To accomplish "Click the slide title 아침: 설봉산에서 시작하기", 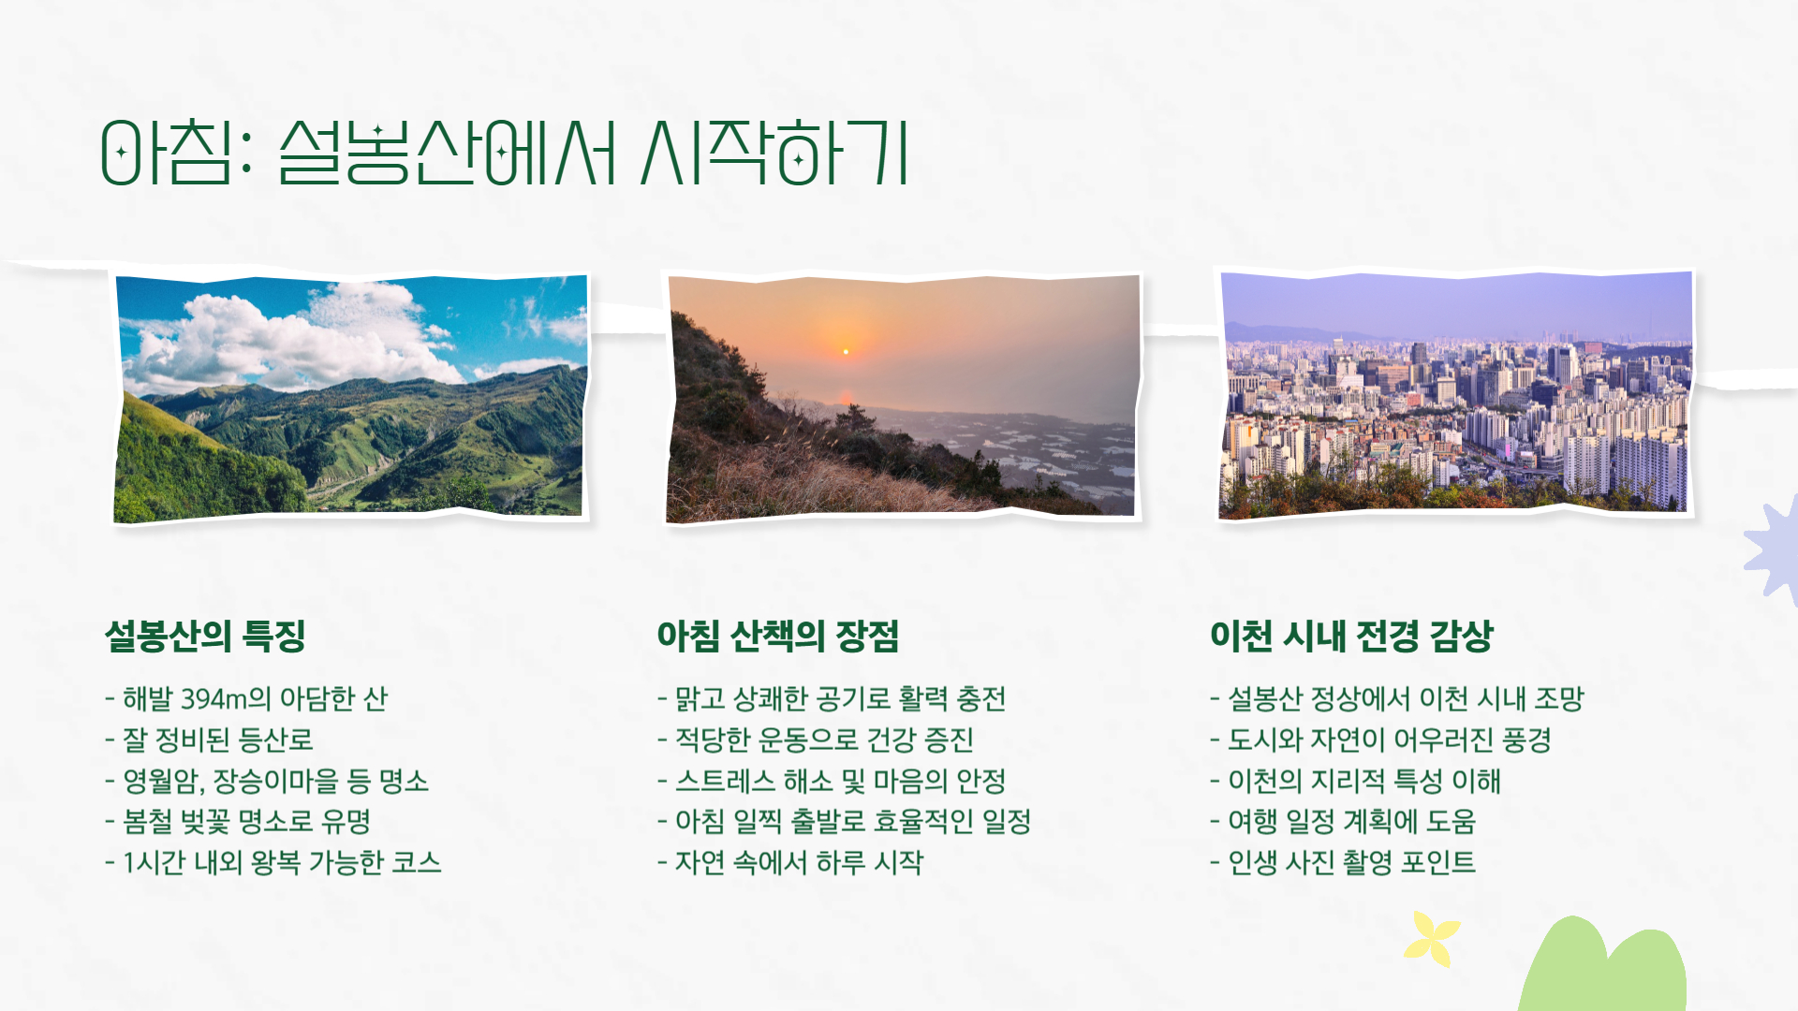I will click(x=504, y=152).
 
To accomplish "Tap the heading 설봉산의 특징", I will click(x=205, y=637).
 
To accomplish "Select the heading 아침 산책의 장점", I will click(x=777, y=637).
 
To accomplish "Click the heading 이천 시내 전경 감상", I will click(x=1350, y=637).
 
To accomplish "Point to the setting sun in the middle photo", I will click(x=846, y=351).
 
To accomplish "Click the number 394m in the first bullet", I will click(x=214, y=699).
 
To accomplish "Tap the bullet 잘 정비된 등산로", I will click(x=217, y=740).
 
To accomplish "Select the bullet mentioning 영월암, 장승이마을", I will click(x=275, y=781).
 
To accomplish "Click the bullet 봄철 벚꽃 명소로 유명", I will click(x=246, y=822).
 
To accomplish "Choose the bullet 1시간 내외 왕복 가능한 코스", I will click(x=281, y=862).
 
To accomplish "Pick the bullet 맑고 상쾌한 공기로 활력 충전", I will click(x=839, y=699).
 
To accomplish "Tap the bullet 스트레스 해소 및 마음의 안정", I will click(x=839, y=781).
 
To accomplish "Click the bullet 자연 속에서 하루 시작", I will click(x=798, y=862).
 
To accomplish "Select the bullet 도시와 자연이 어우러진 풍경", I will click(x=1388, y=740).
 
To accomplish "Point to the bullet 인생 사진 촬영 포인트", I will click(x=1350, y=862).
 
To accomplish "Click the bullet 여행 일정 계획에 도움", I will click(x=1350, y=822).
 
